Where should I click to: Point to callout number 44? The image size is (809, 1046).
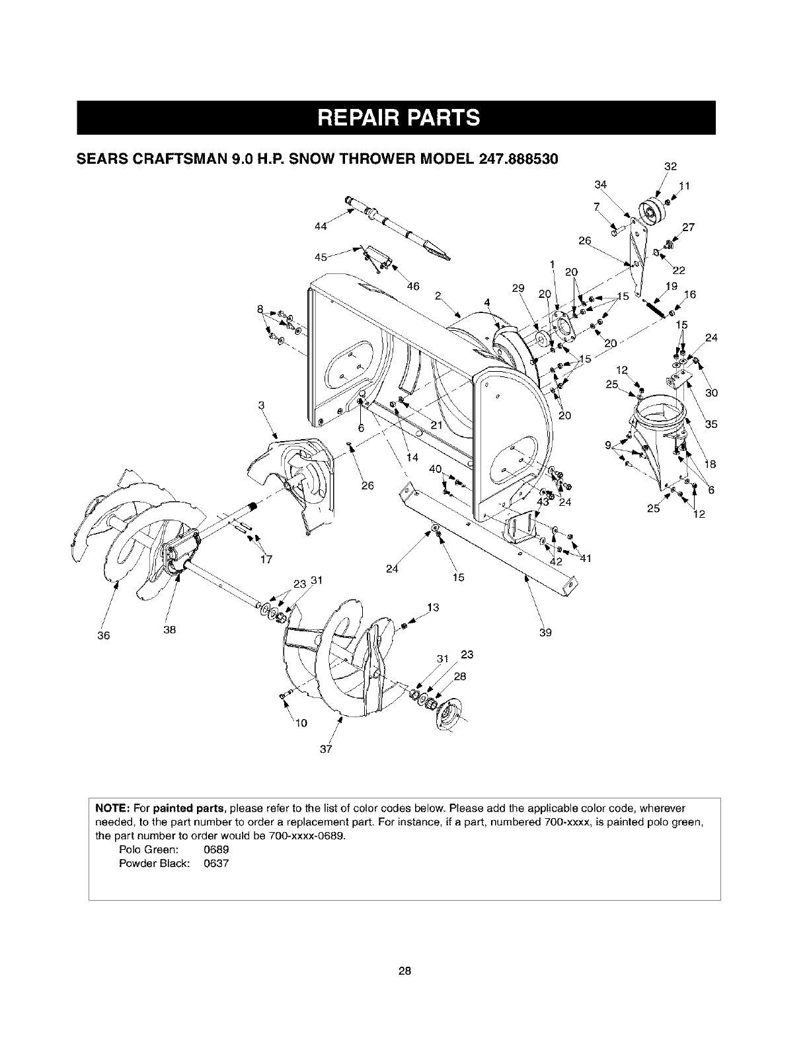pos(321,227)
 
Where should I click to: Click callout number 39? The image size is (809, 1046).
pos(546,632)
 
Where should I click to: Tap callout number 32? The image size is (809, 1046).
pos(671,166)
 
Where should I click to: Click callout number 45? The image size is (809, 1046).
pos(321,258)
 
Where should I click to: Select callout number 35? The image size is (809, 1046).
pos(711,425)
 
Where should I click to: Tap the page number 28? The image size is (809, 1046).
pos(404,970)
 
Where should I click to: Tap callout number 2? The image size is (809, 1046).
pos(438,295)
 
